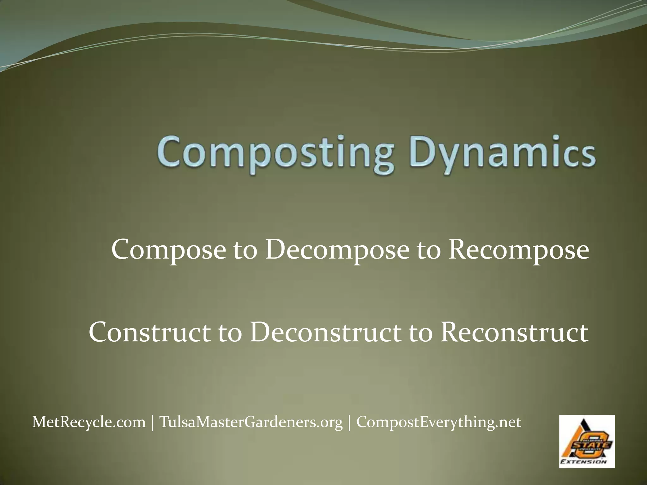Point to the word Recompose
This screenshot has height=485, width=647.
point(519,250)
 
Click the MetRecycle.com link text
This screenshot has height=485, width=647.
point(89,422)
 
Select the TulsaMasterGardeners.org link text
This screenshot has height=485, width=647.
point(251,422)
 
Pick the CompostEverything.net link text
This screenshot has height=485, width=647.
point(439,422)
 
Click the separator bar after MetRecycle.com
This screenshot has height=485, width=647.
point(153,422)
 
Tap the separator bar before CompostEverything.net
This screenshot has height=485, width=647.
point(349,422)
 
